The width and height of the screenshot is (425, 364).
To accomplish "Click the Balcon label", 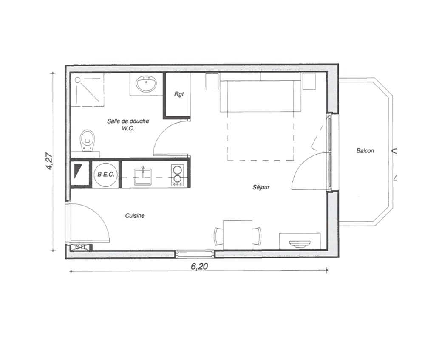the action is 365,151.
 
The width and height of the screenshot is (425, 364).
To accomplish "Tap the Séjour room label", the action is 261,187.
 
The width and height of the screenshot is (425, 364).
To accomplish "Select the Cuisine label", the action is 135,216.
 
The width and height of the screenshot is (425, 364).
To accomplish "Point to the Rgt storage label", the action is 179,94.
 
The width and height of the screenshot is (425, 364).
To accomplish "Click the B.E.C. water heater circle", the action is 106,175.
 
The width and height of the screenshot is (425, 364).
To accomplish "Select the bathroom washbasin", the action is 146,84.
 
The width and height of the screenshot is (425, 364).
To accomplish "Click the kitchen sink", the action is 142,176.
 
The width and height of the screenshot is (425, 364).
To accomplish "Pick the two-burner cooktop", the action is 178,175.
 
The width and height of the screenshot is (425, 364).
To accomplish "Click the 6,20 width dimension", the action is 199,266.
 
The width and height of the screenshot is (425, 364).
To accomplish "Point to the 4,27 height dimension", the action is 50,162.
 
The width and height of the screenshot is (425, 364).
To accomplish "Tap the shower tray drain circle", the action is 78,80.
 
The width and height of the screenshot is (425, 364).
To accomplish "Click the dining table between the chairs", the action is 238,235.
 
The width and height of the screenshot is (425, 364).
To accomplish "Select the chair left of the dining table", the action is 218,236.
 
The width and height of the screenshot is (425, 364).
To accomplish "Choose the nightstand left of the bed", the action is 212,81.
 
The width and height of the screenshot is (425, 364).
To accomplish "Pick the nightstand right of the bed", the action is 309,81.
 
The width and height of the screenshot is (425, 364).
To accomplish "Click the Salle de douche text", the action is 128,121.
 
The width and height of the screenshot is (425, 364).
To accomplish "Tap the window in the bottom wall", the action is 194,254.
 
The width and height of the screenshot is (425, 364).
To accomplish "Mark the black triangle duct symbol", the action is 78,171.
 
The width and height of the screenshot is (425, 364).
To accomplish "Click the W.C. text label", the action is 128,128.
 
